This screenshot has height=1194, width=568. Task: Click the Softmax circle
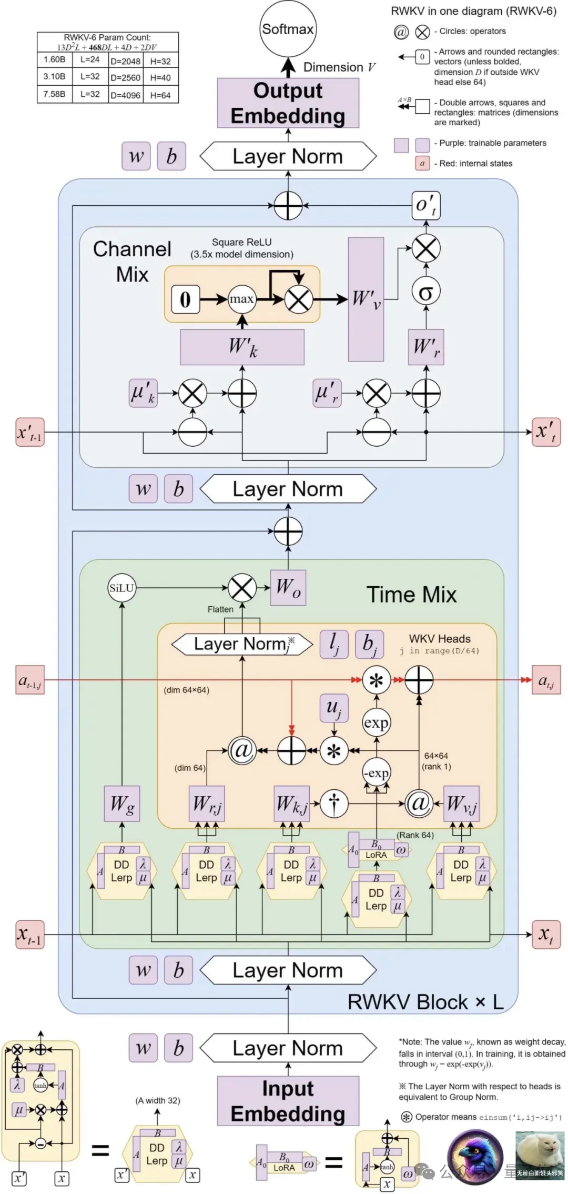[288, 29]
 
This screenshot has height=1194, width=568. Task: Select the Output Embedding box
[288, 103]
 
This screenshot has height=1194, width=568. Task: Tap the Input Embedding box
[288, 1101]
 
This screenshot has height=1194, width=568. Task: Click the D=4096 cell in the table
[125, 95]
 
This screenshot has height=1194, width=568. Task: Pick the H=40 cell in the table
[160, 77]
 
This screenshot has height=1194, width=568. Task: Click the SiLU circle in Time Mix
[121, 588]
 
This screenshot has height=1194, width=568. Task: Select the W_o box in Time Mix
[288, 587]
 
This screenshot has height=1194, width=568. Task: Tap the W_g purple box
[122, 804]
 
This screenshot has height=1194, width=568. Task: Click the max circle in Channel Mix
[241, 299]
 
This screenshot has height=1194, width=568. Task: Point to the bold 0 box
[185, 299]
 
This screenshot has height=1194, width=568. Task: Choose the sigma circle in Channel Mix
[425, 292]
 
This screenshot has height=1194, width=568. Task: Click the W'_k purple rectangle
[242, 347]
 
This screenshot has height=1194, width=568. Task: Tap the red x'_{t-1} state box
[29, 432]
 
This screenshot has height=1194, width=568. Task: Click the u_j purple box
[334, 708]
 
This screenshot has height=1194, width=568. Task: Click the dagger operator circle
[334, 803]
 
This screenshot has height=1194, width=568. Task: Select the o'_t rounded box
[425, 205]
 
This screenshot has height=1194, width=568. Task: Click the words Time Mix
[411, 595]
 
